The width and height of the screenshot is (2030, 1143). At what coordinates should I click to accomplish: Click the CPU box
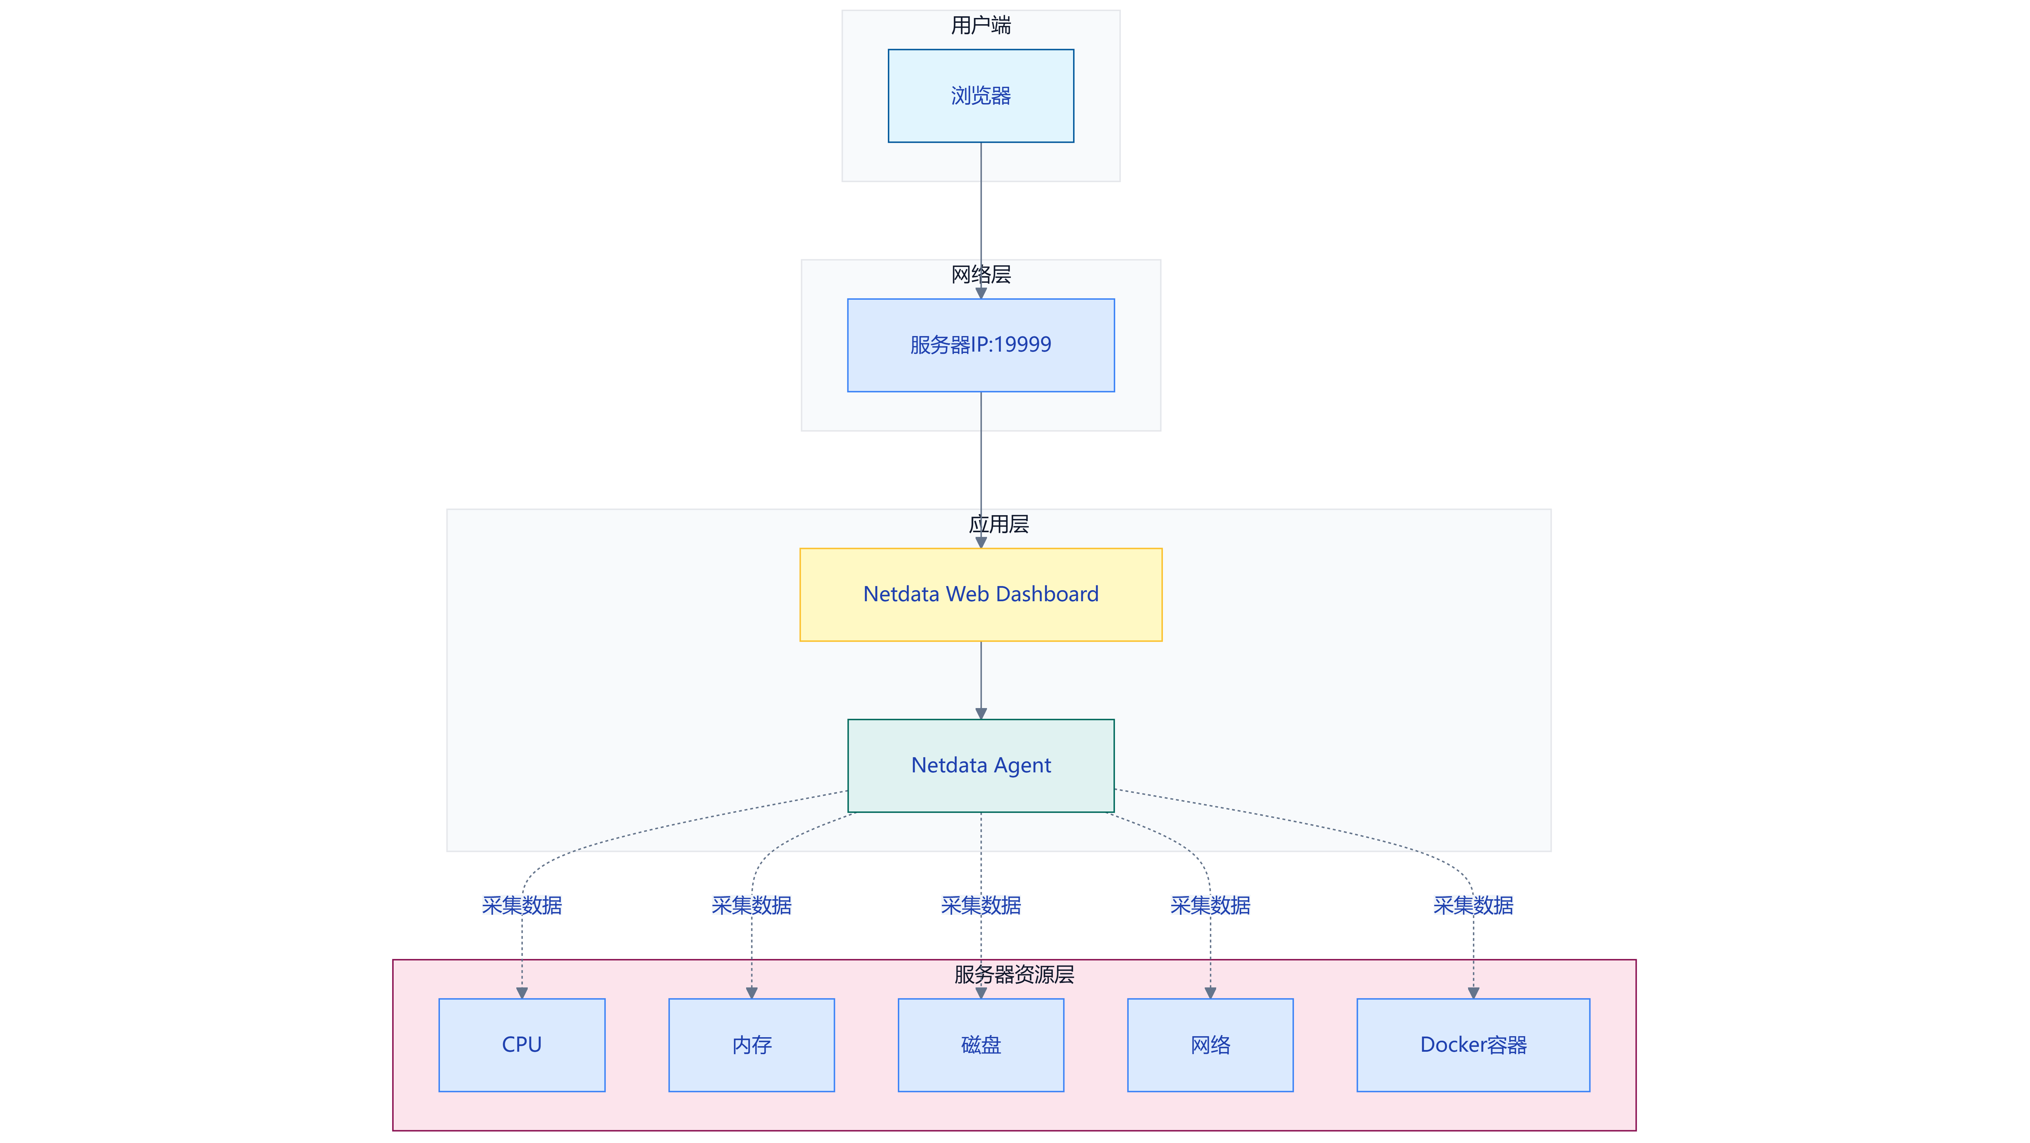[x=522, y=1045]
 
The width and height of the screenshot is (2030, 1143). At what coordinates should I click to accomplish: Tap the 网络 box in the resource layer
[x=1211, y=1045]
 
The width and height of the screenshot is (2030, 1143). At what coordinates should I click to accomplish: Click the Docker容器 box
[x=1473, y=1045]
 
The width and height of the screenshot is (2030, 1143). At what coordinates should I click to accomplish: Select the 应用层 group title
[x=998, y=524]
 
